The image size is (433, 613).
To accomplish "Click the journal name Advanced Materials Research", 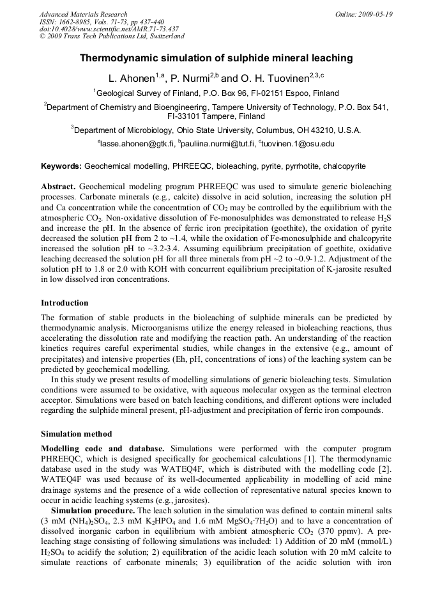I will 83,14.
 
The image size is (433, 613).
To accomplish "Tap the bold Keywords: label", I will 61,166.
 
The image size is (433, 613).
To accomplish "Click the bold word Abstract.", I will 58,185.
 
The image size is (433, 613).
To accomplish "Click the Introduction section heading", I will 65,303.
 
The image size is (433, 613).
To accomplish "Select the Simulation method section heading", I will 76,434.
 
